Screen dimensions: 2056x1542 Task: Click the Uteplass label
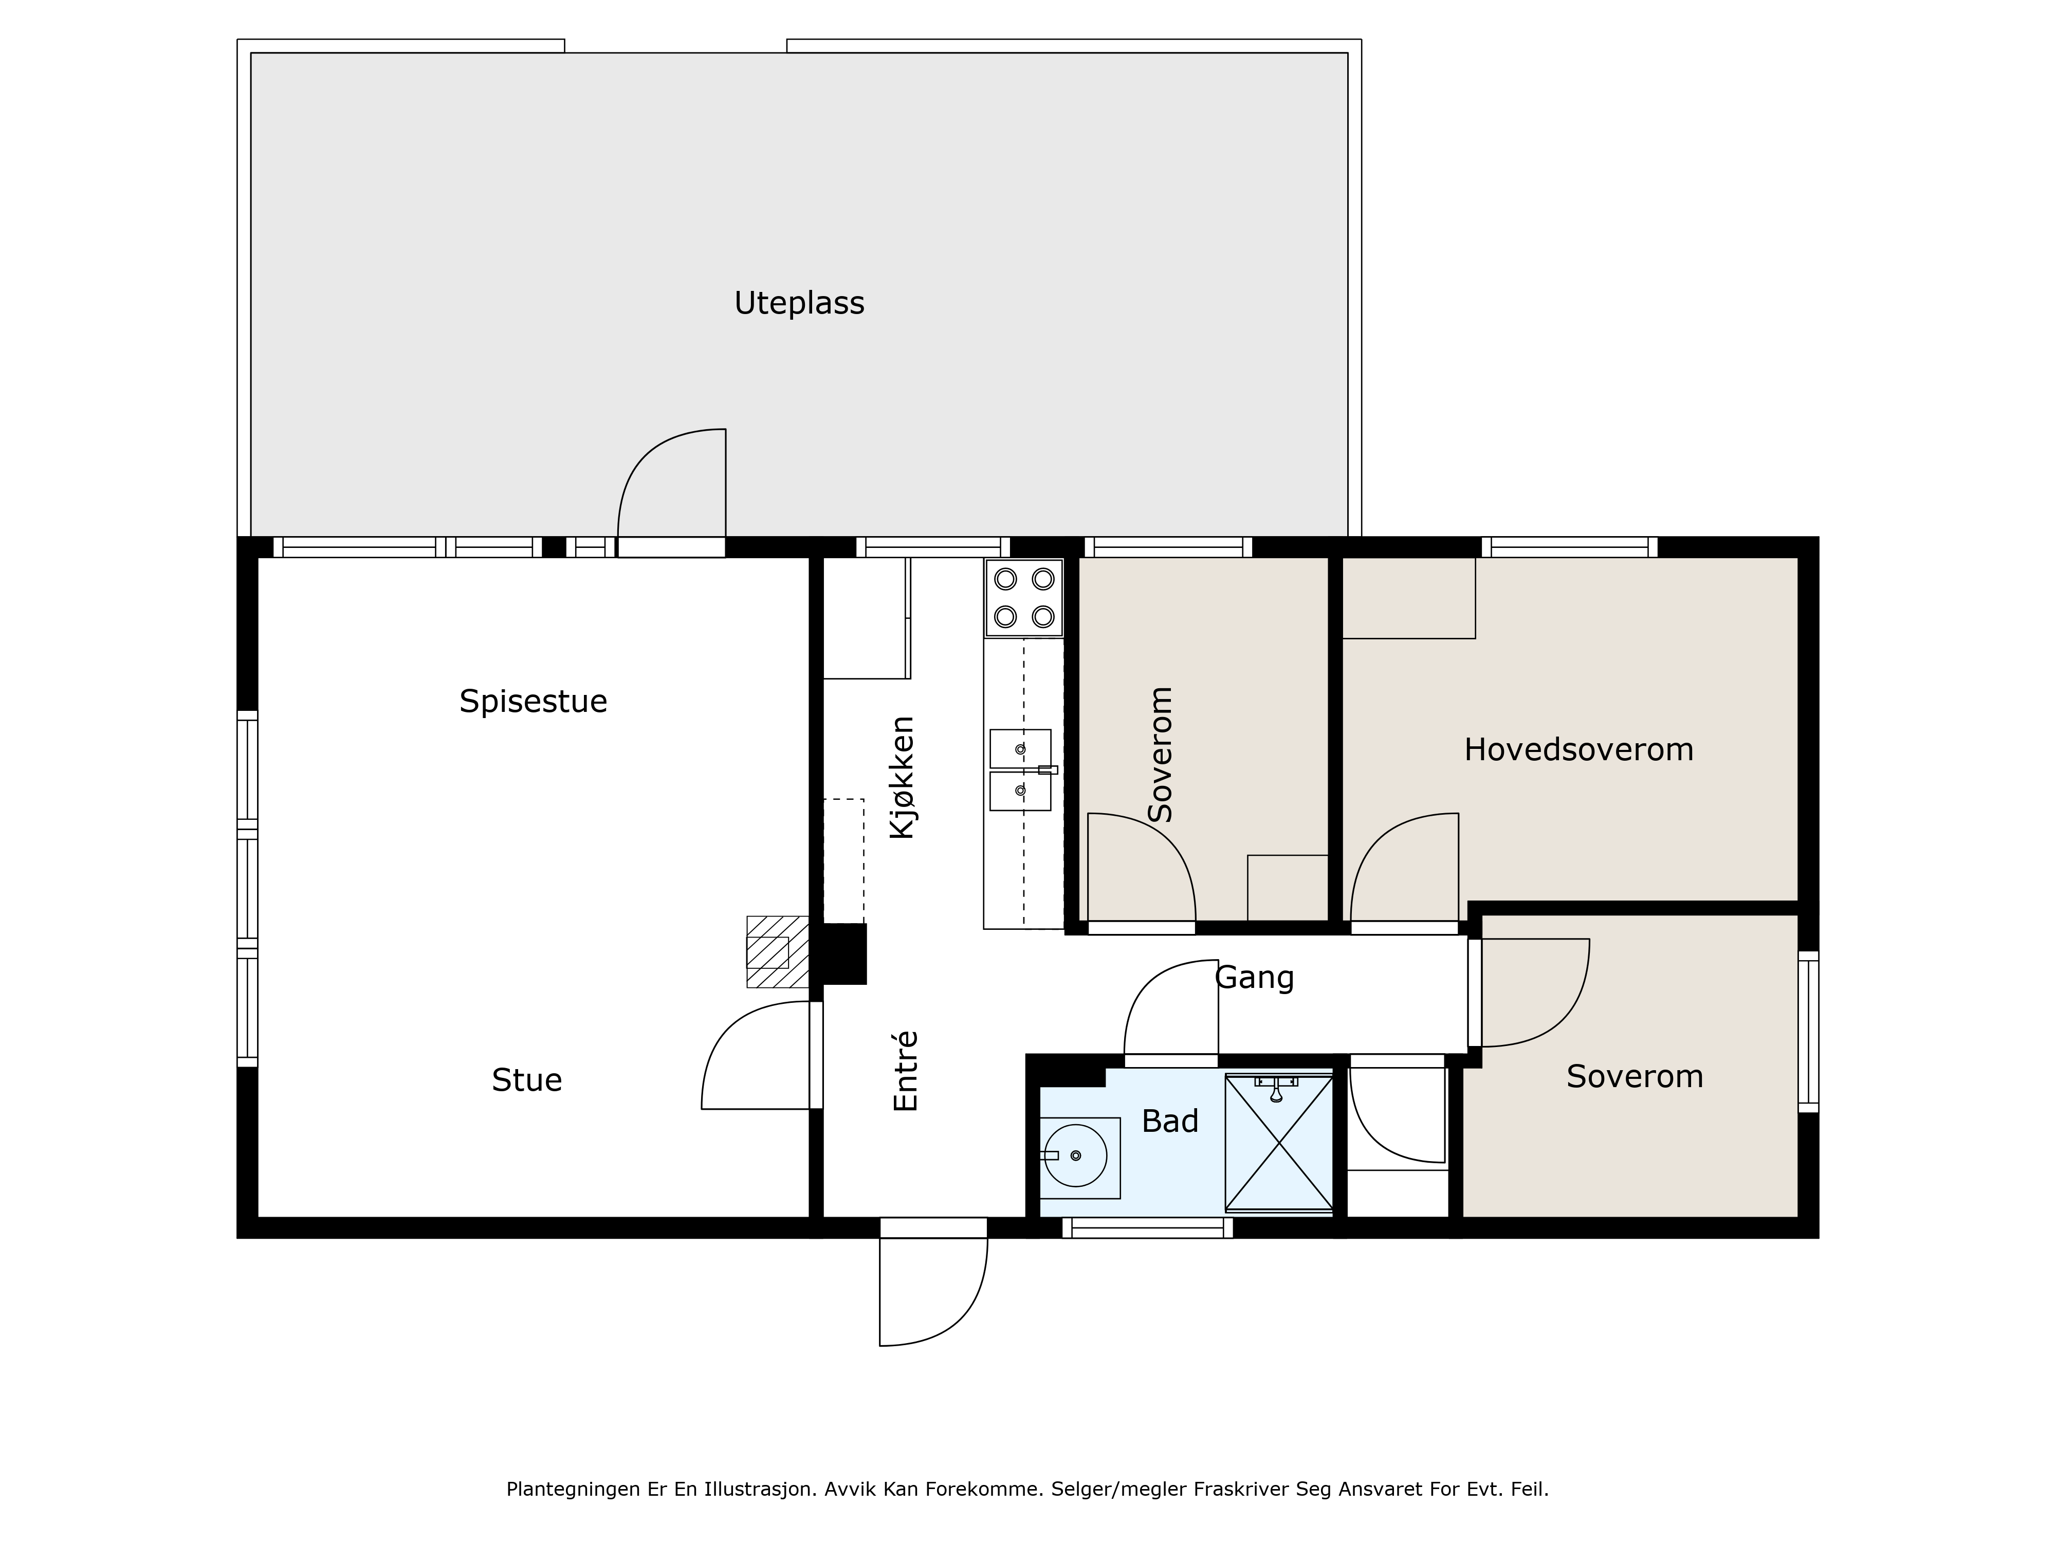coord(799,304)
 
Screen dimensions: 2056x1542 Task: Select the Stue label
coord(527,1080)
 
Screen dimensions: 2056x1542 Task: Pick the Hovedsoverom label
coord(1578,750)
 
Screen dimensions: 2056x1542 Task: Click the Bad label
coord(1170,1122)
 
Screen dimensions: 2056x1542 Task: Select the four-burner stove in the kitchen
coord(1024,598)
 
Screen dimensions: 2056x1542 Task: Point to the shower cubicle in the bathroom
coord(1279,1143)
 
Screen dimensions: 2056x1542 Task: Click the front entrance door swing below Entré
coord(933,1291)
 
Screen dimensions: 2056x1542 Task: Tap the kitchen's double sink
coord(1021,769)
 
